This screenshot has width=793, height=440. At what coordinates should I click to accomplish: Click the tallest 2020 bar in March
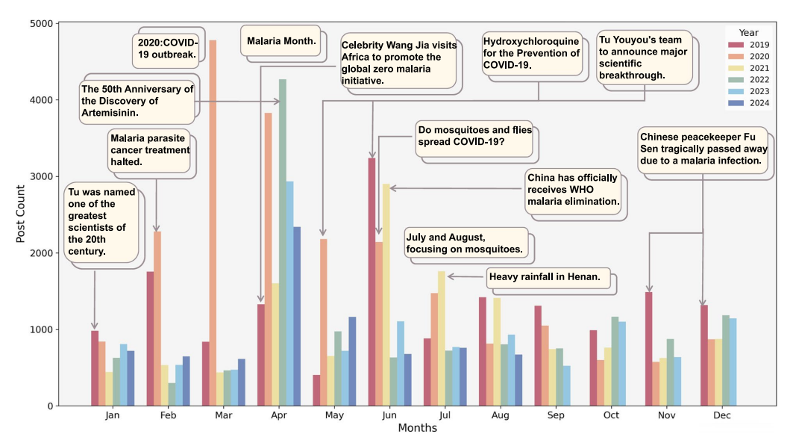[213, 224]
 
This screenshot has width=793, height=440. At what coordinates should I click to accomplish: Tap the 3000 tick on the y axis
[43, 176]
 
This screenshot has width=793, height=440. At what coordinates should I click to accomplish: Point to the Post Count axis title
[22, 214]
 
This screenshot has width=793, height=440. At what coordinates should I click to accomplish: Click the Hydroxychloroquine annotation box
[532, 53]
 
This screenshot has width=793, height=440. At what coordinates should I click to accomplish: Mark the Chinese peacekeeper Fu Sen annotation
[703, 149]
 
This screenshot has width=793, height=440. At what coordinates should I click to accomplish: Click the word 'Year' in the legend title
[748, 33]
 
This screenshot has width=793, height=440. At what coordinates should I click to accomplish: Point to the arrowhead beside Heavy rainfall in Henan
[450, 277]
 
